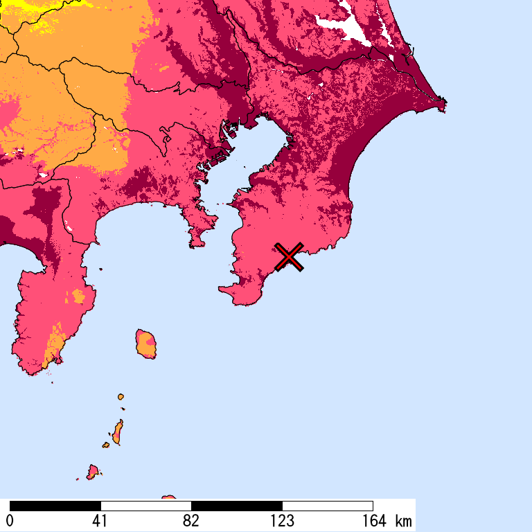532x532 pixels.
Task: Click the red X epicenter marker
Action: tap(289, 256)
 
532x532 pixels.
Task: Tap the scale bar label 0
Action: tap(10, 521)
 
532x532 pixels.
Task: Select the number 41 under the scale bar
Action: tap(100, 521)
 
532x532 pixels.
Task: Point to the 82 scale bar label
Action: tap(191, 521)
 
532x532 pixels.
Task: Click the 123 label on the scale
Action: tap(282, 521)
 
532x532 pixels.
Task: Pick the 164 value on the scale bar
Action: tap(373, 521)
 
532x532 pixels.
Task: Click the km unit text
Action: tap(403, 521)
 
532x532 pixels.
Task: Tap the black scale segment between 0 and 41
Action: tap(55, 506)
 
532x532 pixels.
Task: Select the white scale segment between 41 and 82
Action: tap(146, 506)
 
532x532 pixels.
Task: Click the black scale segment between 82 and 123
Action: tap(237, 506)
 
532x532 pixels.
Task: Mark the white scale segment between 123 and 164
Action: tap(328, 506)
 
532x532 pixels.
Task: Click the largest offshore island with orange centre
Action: tap(145, 344)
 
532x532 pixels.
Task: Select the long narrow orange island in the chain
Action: tap(118, 432)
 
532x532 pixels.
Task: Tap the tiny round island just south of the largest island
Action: tap(121, 397)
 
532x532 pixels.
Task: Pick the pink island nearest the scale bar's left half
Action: tap(92, 472)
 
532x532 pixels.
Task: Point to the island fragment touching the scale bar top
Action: tap(168, 497)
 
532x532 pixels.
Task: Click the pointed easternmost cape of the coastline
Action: tap(443, 105)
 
